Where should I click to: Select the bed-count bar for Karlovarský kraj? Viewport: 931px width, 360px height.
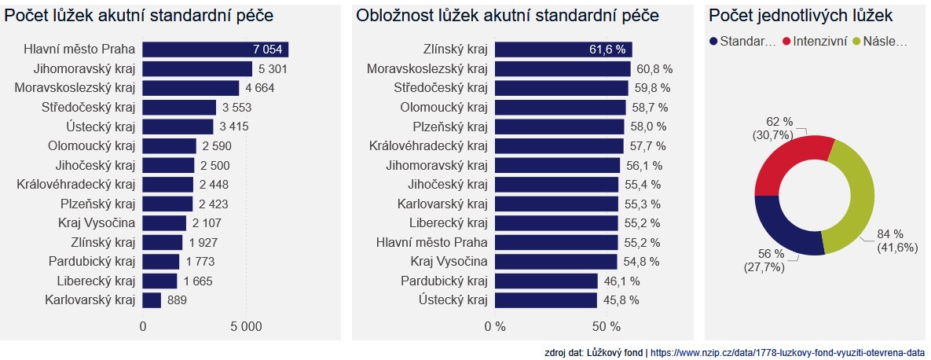[152, 299]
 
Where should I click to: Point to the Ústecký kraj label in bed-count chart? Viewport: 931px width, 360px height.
[101, 127]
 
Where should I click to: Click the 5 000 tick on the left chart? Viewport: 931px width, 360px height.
[246, 326]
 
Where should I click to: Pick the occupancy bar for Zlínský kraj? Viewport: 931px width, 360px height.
[563, 50]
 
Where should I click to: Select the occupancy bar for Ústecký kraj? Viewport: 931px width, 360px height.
[545, 299]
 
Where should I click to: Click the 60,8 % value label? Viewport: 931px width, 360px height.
[654, 69]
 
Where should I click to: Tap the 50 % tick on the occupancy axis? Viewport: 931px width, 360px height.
[605, 326]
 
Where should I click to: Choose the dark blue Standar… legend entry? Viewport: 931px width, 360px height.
[742, 41]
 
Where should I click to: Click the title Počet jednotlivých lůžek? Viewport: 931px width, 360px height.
[801, 16]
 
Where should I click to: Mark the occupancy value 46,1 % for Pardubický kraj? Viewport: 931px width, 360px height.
[621, 281]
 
